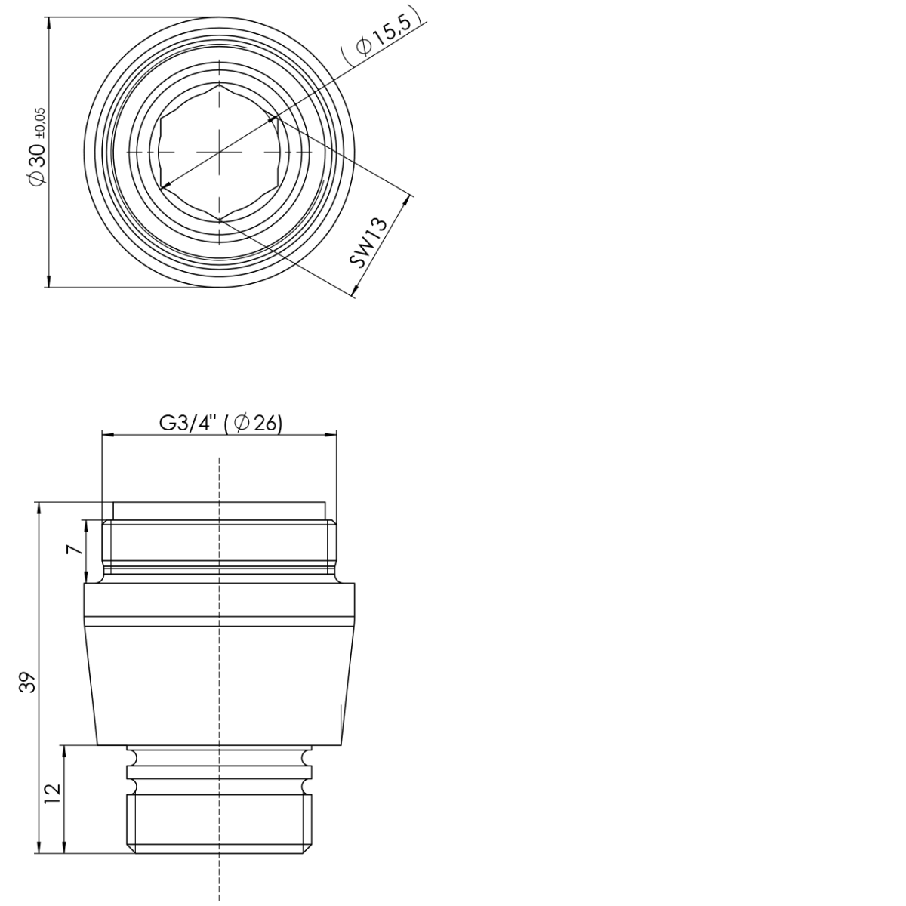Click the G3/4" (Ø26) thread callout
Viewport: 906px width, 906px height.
[x=220, y=424]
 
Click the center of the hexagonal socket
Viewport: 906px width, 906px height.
[x=219, y=153]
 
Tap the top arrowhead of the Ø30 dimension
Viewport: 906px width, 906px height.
[x=48, y=23]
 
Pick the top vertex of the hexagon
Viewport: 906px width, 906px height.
[x=219, y=85]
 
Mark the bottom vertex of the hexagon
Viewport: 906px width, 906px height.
[x=219, y=220]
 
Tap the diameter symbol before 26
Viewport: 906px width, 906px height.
[x=242, y=424]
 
